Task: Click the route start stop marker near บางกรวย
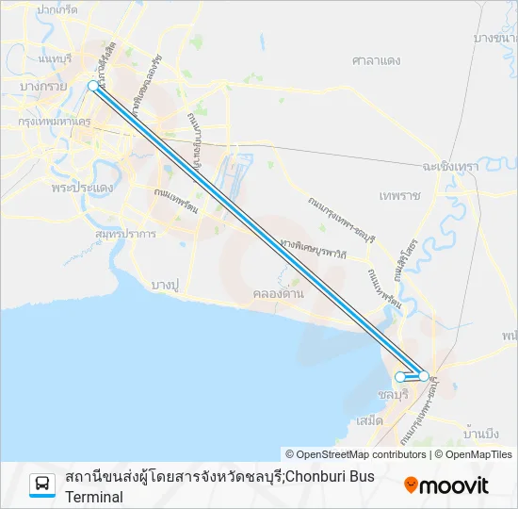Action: pyautogui.click(x=92, y=86)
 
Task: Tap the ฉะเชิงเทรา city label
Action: pyautogui.click(x=451, y=166)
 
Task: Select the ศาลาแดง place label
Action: pyautogui.click(x=377, y=60)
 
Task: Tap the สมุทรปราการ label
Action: pyautogui.click(x=125, y=233)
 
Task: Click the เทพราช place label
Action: pyautogui.click(x=399, y=195)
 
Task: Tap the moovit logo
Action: pyautogui.click(x=446, y=485)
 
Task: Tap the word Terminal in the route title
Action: pyautogui.click(x=94, y=497)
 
